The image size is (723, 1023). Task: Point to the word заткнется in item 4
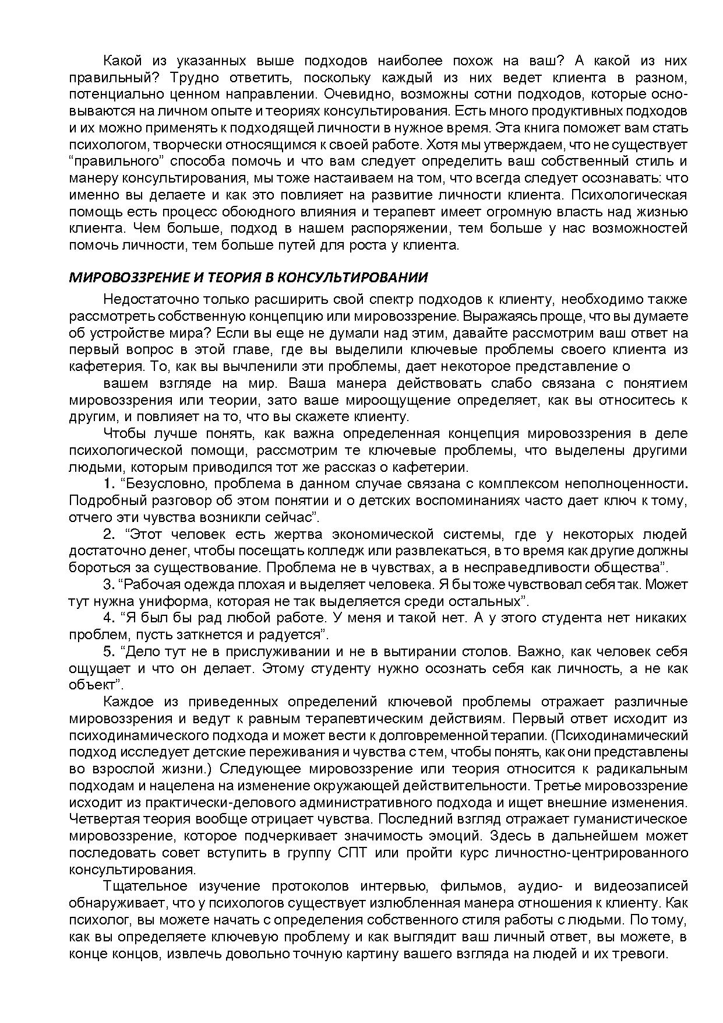(199, 635)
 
